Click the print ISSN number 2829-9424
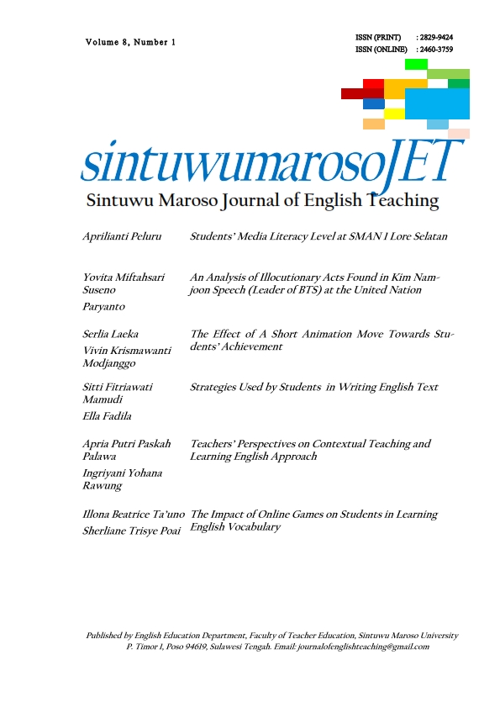pos(436,38)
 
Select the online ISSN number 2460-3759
pos(436,50)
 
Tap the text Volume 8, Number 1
pos(129,42)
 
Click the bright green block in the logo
pos(416,64)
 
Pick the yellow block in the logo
pos(394,114)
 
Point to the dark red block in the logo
pos(362,93)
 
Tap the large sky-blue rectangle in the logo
pos(437,103)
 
